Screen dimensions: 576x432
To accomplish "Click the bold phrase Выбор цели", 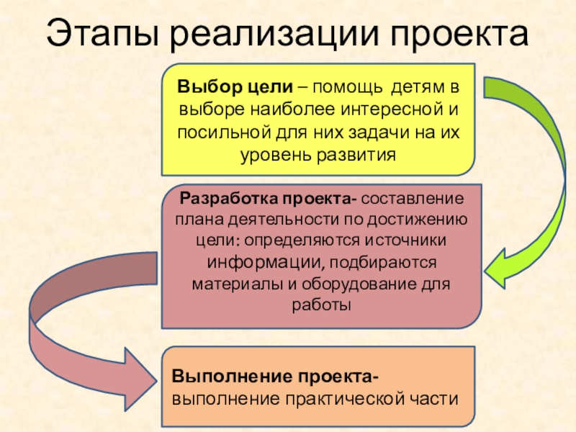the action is pyautogui.click(x=235, y=88).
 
